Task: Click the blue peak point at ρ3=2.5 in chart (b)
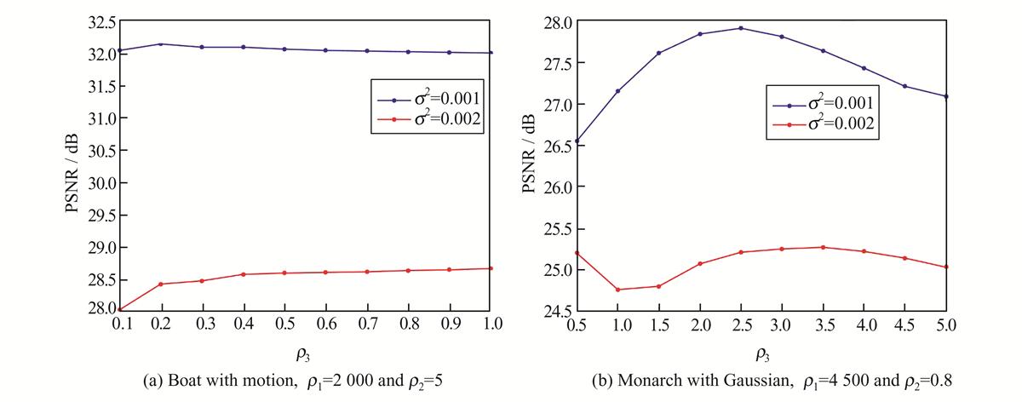(x=740, y=28)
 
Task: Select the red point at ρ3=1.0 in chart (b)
(x=617, y=290)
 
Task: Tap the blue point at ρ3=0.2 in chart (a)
(x=161, y=44)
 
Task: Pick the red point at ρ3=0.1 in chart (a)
(x=119, y=309)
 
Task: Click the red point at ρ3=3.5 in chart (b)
(x=823, y=247)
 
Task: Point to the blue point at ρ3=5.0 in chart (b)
(x=946, y=96)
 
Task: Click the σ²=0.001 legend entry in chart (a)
(x=429, y=99)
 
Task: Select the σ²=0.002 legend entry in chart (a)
(x=429, y=119)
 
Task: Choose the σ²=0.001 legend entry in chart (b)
(x=823, y=104)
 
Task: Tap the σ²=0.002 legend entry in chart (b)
(x=823, y=123)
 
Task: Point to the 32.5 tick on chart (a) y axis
(x=101, y=23)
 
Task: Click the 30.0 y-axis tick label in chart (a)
(x=101, y=183)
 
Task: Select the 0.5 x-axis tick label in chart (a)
(x=284, y=324)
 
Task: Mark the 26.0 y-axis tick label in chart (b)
(x=558, y=187)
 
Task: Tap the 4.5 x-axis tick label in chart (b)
(x=904, y=324)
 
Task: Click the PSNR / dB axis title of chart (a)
(x=72, y=174)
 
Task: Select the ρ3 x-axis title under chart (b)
(x=762, y=354)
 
